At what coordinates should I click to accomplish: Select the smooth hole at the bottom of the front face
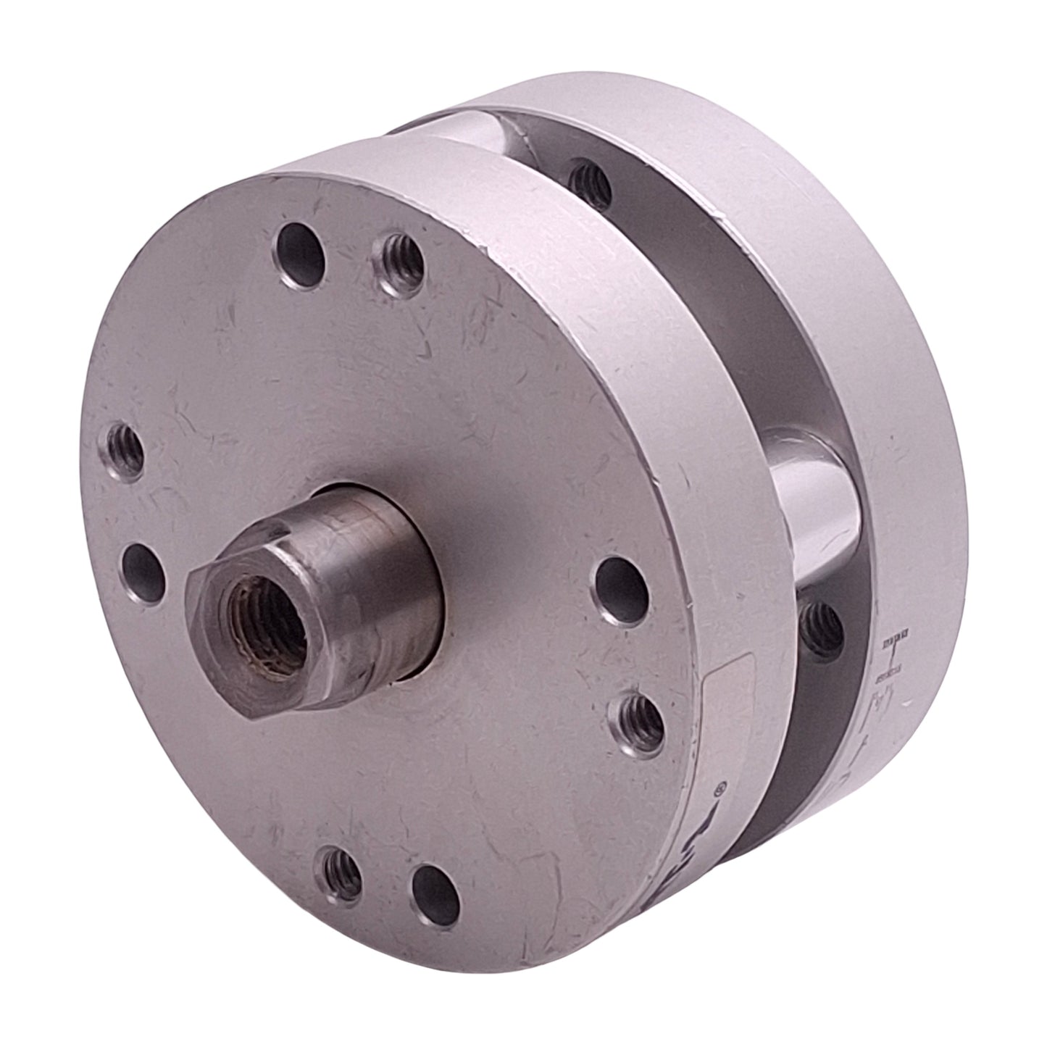[x=435, y=888]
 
